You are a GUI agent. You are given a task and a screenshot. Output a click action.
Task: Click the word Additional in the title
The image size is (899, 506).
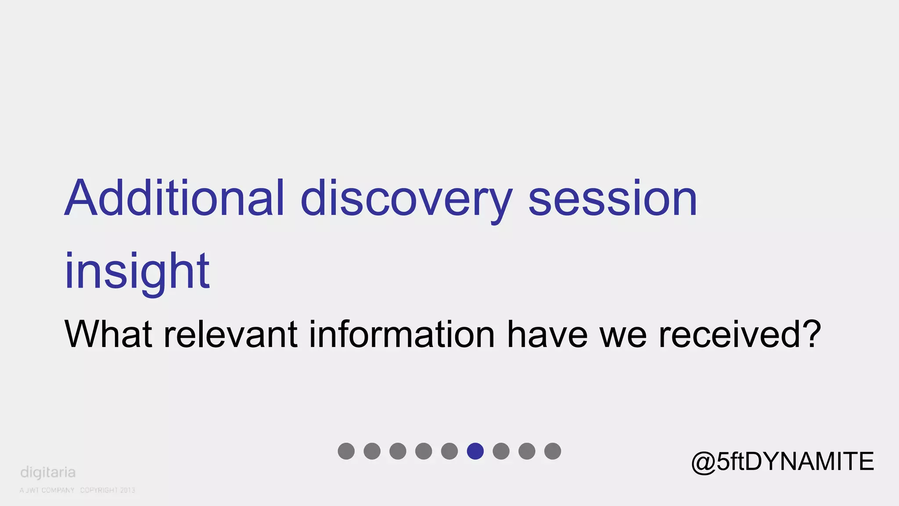[x=175, y=199]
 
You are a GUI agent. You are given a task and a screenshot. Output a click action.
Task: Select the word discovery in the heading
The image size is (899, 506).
[x=406, y=200]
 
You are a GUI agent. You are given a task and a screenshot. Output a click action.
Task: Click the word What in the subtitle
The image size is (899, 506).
[x=108, y=335]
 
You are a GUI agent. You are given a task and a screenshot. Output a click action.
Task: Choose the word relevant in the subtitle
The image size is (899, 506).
[x=230, y=335]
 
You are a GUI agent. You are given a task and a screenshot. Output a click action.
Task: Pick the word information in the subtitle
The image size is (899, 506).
[x=402, y=335]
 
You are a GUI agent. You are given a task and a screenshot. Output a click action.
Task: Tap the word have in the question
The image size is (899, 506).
[x=547, y=335]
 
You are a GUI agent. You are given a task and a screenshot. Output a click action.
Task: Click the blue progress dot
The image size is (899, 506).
[x=475, y=451]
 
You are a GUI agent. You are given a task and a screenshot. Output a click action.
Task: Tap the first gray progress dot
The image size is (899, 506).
[x=346, y=451]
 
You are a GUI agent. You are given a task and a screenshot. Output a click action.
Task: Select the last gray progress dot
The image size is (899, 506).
[x=553, y=451]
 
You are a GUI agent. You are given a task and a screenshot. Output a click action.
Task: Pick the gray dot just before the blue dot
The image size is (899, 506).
[x=449, y=451]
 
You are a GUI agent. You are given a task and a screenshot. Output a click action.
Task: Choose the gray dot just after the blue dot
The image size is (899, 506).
[x=501, y=451]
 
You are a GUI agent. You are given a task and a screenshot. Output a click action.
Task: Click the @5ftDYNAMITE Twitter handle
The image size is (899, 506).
[x=782, y=461]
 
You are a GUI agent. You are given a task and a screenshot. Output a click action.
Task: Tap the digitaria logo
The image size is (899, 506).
[x=48, y=473]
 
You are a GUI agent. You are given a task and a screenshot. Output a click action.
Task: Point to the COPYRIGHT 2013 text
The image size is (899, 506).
[x=108, y=490]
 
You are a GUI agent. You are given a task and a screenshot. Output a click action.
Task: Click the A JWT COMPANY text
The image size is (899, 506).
[x=47, y=490]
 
